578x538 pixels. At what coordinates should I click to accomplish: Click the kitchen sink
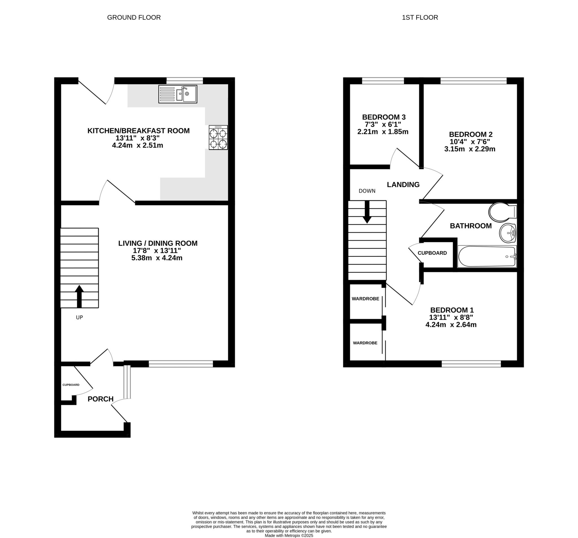point(178,94)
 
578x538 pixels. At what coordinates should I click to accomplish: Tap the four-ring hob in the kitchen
point(218,137)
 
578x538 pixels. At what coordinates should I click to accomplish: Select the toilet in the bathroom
point(502,212)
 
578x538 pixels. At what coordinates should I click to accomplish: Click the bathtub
point(487,256)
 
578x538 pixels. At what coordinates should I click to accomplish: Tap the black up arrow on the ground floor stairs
point(79,296)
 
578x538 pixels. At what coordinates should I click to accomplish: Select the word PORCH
point(100,399)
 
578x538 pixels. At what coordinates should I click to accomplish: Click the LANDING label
point(403,184)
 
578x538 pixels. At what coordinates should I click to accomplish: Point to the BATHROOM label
point(471,226)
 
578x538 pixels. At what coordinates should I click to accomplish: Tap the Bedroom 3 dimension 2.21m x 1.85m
point(383,132)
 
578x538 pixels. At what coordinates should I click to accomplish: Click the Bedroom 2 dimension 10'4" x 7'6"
point(470,142)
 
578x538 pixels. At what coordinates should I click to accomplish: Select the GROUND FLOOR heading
point(134,18)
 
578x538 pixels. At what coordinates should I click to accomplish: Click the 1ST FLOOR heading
point(420,18)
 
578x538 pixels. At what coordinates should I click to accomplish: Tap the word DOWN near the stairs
point(367,191)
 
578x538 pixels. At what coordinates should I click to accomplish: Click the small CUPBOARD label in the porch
point(71,385)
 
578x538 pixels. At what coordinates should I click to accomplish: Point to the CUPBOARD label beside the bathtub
point(432,253)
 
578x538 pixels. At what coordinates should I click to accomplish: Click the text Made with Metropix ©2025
point(289,535)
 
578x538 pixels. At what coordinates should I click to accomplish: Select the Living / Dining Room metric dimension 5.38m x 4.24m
point(157,258)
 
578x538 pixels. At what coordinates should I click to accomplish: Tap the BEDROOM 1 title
point(452,310)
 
